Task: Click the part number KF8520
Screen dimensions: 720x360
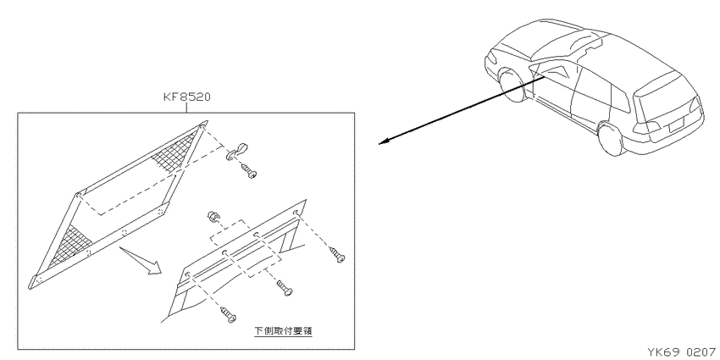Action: click(x=187, y=97)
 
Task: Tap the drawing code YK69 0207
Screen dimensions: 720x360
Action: click(x=681, y=352)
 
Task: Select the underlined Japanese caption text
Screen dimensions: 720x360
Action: click(x=283, y=330)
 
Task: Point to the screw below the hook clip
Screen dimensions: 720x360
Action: click(x=248, y=171)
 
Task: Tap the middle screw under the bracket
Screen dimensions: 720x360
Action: click(x=285, y=288)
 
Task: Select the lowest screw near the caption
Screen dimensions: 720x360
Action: click(x=228, y=314)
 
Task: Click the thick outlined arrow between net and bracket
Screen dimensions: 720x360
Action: click(x=142, y=260)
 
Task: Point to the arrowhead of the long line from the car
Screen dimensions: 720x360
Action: click(x=382, y=142)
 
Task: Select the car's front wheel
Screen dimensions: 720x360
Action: click(x=511, y=86)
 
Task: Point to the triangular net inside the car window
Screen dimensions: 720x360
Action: click(x=556, y=72)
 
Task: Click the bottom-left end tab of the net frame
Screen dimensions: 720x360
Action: click(x=35, y=281)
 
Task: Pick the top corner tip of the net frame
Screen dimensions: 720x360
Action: click(x=206, y=122)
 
